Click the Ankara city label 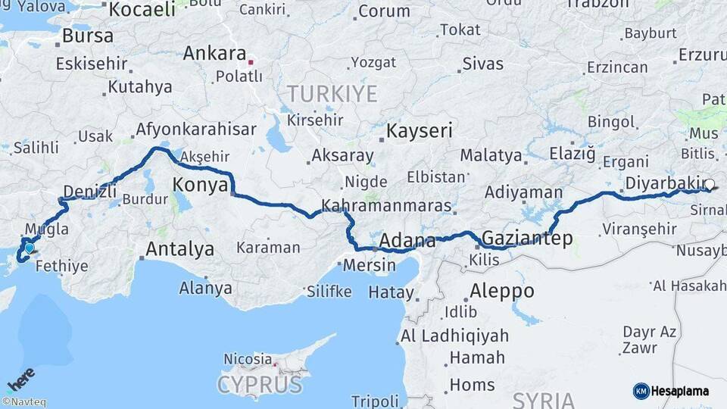pos(214,55)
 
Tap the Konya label pos(201,185)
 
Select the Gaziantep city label pos(527,239)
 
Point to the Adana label pos(407,242)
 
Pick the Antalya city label pos(179,248)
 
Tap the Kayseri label pos(420,131)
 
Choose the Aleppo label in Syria pos(501,291)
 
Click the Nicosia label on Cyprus pos(248,359)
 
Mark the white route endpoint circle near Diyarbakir pos(710,184)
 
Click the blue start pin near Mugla pos(29,247)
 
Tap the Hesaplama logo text pos(679,391)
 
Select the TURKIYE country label pos(332,95)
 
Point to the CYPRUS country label pos(260,385)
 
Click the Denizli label pos(92,191)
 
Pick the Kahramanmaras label pos(386,206)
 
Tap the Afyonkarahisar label pos(196,130)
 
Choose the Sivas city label pos(482,64)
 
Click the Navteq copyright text pos(24,402)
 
